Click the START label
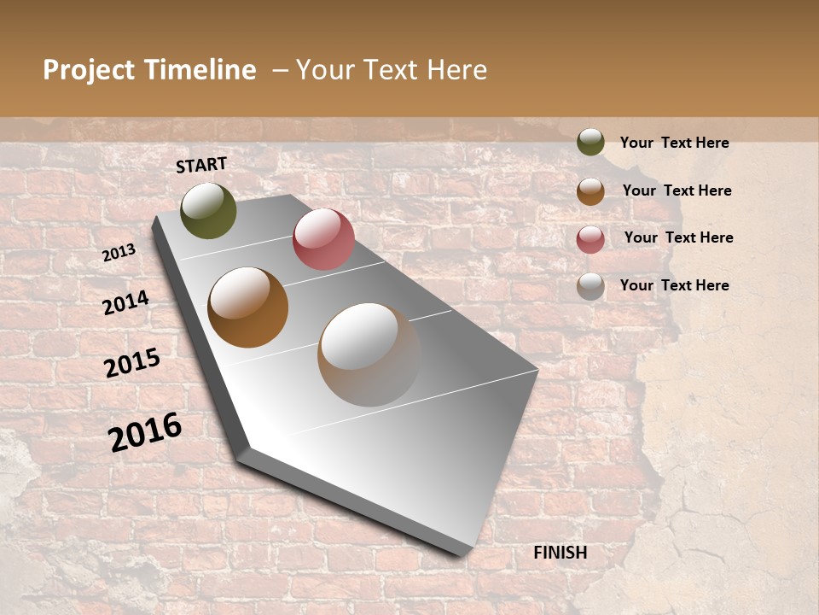click(x=201, y=165)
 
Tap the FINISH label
click(x=560, y=553)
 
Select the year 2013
click(x=119, y=253)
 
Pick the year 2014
click(x=125, y=302)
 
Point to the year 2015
click(x=132, y=363)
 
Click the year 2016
click(x=145, y=431)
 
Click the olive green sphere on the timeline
click(x=208, y=210)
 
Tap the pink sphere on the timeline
click(x=323, y=239)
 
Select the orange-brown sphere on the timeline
click(x=248, y=307)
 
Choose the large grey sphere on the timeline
click(x=369, y=354)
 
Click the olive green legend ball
click(x=590, y=143)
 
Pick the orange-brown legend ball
click(x=590, y=191)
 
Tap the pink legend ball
click(x=590, y=239)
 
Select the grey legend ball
click(x=590, y=286)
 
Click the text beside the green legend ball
click(x=674, y=143)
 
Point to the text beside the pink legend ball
click(x=678, y=237)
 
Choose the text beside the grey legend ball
click(x=674, y=285)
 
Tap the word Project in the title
click(x=89, y=71)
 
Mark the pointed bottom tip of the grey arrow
click(x=465, y=554)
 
